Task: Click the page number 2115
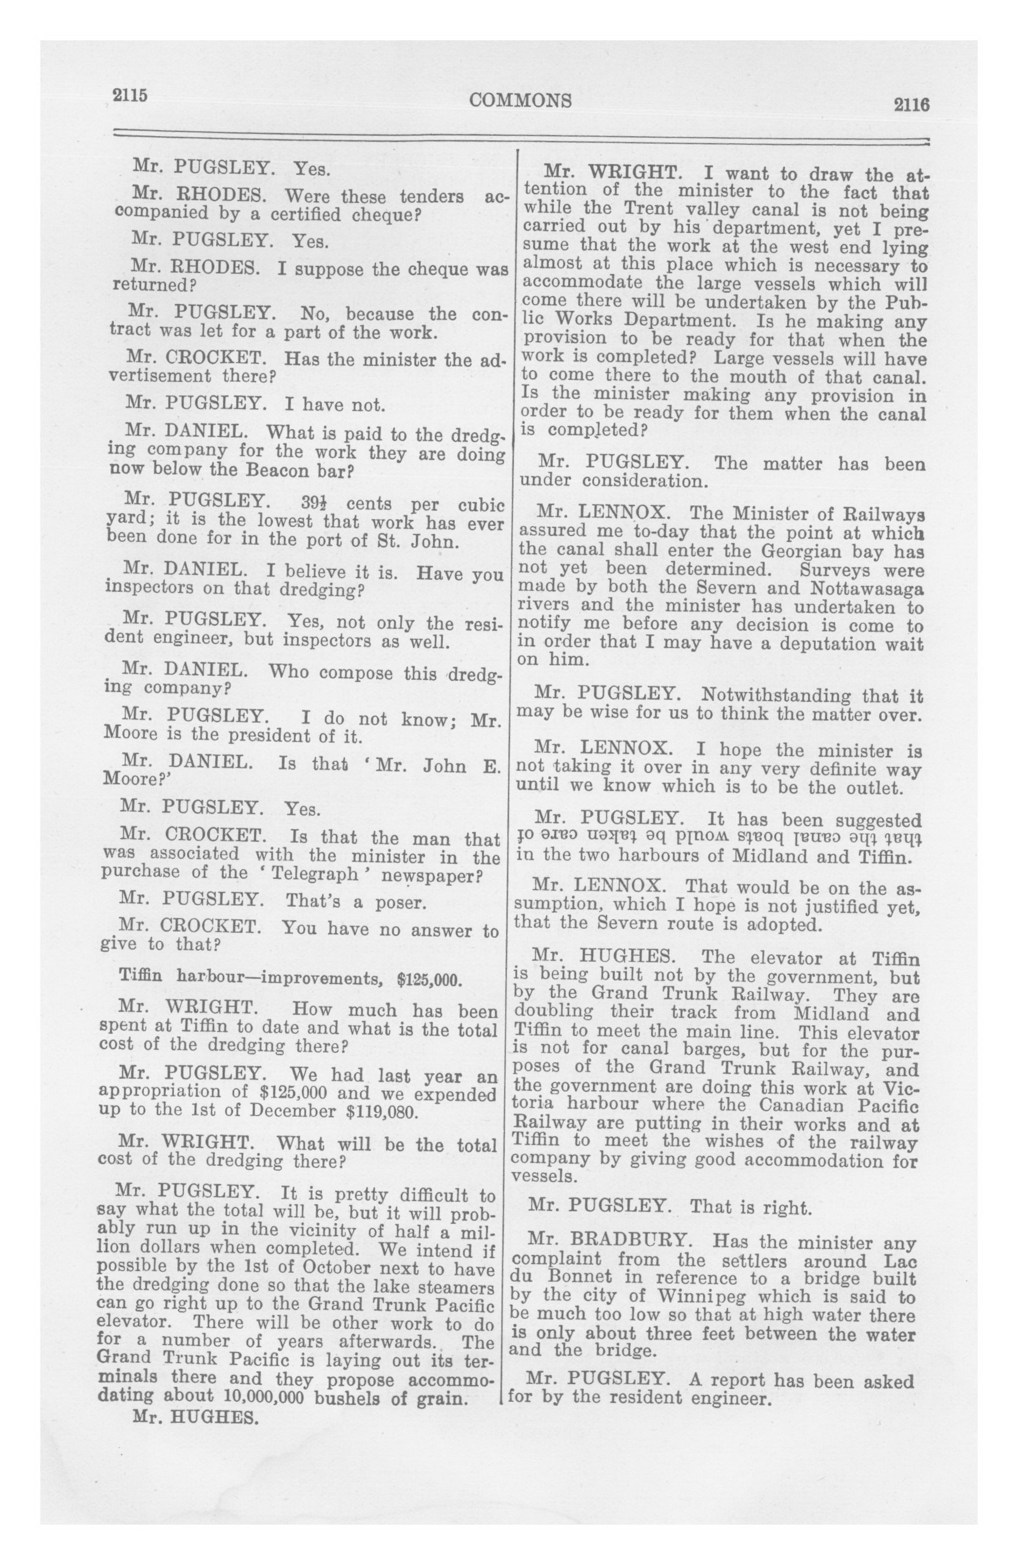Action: tap(130, 95)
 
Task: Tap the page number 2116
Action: tap(910, 104)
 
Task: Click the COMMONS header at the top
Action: tap(520, 100)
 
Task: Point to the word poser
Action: tap(400, 902)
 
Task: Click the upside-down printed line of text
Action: tap(719, 838)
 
